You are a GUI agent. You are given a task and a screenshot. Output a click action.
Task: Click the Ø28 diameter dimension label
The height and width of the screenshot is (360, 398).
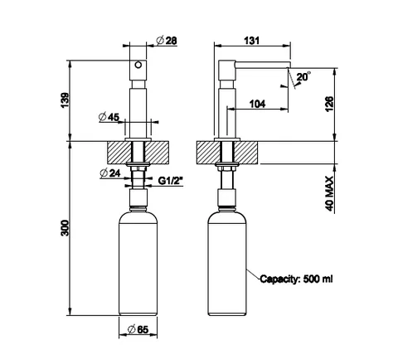167,41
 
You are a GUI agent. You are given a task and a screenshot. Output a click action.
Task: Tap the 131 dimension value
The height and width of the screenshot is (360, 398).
252,41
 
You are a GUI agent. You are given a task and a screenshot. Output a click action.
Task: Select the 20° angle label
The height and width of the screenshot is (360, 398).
303,76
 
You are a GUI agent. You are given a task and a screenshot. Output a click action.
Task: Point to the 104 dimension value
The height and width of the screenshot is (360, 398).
257,104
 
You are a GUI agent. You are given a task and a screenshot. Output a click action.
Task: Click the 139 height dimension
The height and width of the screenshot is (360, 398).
66,100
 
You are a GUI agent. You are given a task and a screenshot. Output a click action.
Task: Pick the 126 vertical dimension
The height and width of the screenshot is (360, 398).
329,104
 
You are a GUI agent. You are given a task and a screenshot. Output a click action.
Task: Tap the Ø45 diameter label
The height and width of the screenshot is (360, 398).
109,117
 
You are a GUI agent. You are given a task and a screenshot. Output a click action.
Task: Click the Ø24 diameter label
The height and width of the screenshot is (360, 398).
110,173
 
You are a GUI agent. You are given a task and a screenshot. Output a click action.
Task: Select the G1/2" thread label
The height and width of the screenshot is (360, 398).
171,181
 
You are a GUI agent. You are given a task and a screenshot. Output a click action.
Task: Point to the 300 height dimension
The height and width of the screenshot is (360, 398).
66,228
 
